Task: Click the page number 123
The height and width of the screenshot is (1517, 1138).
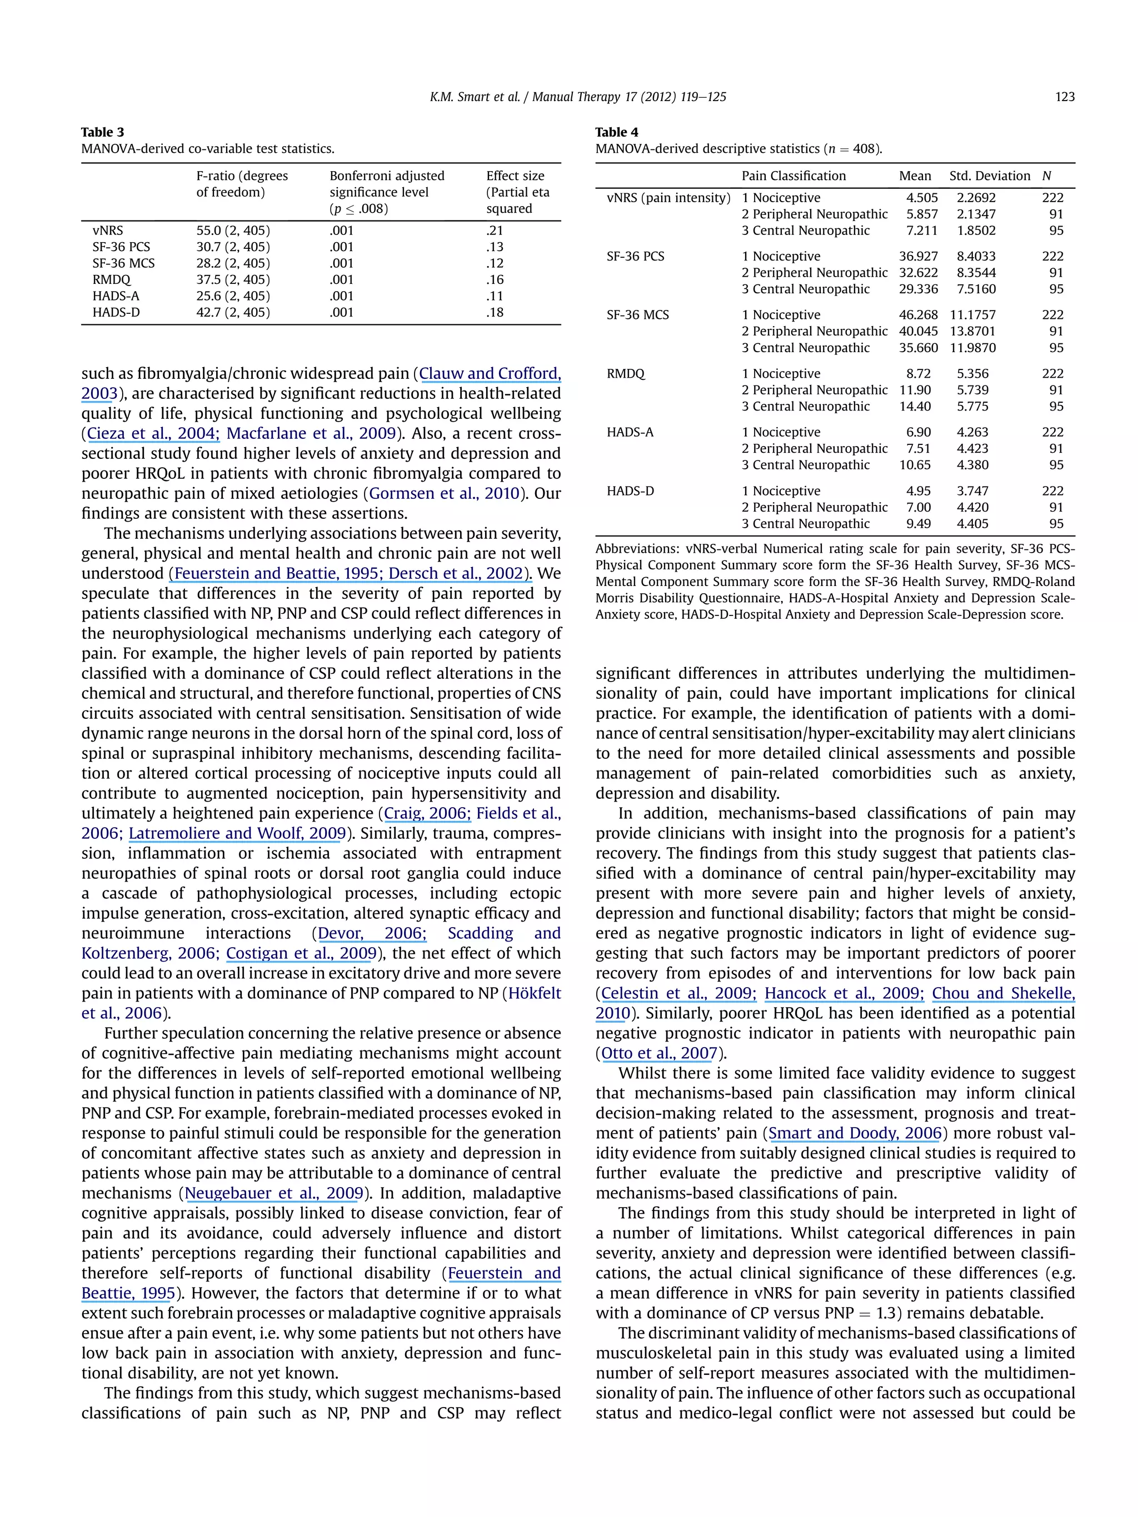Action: [x=1064, y=97]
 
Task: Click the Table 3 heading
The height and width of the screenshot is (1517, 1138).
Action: [x=102, y=132]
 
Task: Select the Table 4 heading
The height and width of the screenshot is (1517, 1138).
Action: [x=616, y=132]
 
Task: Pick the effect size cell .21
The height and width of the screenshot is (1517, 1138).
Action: [x=495, y=231]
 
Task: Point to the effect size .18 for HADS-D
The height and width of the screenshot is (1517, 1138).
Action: [x=495, y=313]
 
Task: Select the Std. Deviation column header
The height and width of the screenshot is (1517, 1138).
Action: [x=989, y=176]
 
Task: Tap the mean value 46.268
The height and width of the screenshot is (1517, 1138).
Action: [x=918, y=315]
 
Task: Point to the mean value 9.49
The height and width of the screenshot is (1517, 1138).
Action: [x=919, y=524]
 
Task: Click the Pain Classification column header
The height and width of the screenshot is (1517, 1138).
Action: [x=793, y=176]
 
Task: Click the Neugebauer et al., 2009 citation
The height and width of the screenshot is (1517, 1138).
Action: [x=274, y=1193]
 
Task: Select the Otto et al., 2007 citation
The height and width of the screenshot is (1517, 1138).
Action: [x=659, y=1053]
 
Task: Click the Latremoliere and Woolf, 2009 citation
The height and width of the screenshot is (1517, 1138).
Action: [x=237, y=834]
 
